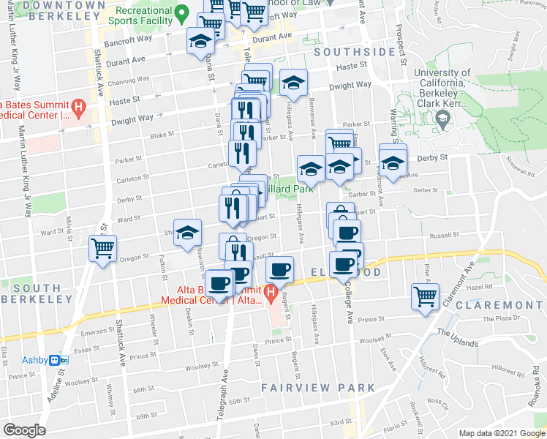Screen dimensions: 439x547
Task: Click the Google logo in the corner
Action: (x=24, y=430)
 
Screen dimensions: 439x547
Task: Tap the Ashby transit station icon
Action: (x=63, y=360)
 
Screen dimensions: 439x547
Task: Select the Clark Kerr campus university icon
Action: (x=442, y=118)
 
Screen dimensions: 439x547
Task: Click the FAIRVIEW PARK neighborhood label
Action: (x=321, y=388)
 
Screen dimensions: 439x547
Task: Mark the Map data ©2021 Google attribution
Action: (x=502, y=433)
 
